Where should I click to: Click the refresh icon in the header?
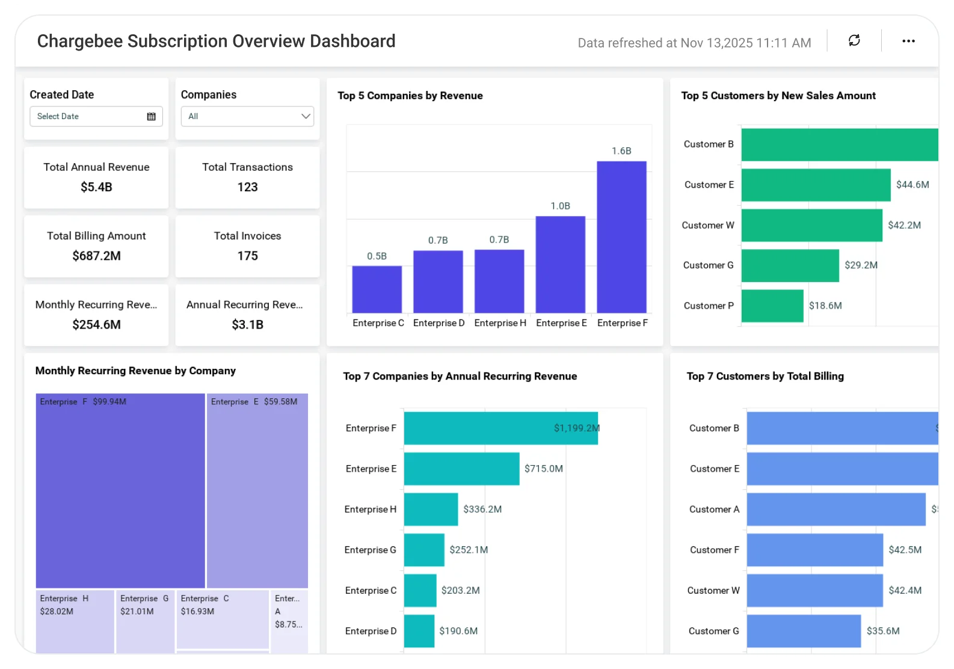[x=854, y=40]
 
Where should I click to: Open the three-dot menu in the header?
[x=908, y=41]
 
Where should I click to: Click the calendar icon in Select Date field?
[x=152, y=117]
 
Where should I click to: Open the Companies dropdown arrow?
[x=306, y=116]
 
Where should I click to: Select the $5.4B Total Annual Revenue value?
[x=96, y=187]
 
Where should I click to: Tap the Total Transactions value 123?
[x=247, y=187]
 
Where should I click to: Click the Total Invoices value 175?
[x=247, y=256]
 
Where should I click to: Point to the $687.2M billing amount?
[x=96, y=256]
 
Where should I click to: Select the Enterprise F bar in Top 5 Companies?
[x=621, y=237]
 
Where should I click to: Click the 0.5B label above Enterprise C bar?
[x=377, y=256]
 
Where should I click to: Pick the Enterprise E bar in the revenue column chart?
[x=560, y=265]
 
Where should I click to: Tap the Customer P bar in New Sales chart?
[x=772, y=306]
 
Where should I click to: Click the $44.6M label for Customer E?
[x=912, y=185]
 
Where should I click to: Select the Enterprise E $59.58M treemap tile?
[x=257, y=490]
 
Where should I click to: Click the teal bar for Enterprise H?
[x=431, y=509]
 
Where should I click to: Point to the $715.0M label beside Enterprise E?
[x=543, y=469]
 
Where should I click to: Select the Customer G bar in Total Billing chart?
[x=804, y=631]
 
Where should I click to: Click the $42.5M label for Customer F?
[x=905, y=550]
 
